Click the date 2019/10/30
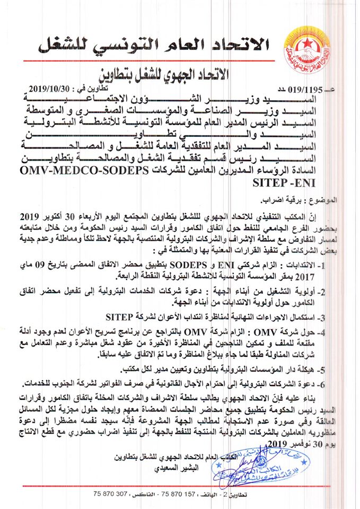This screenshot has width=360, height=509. click(x=55, y=88)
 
